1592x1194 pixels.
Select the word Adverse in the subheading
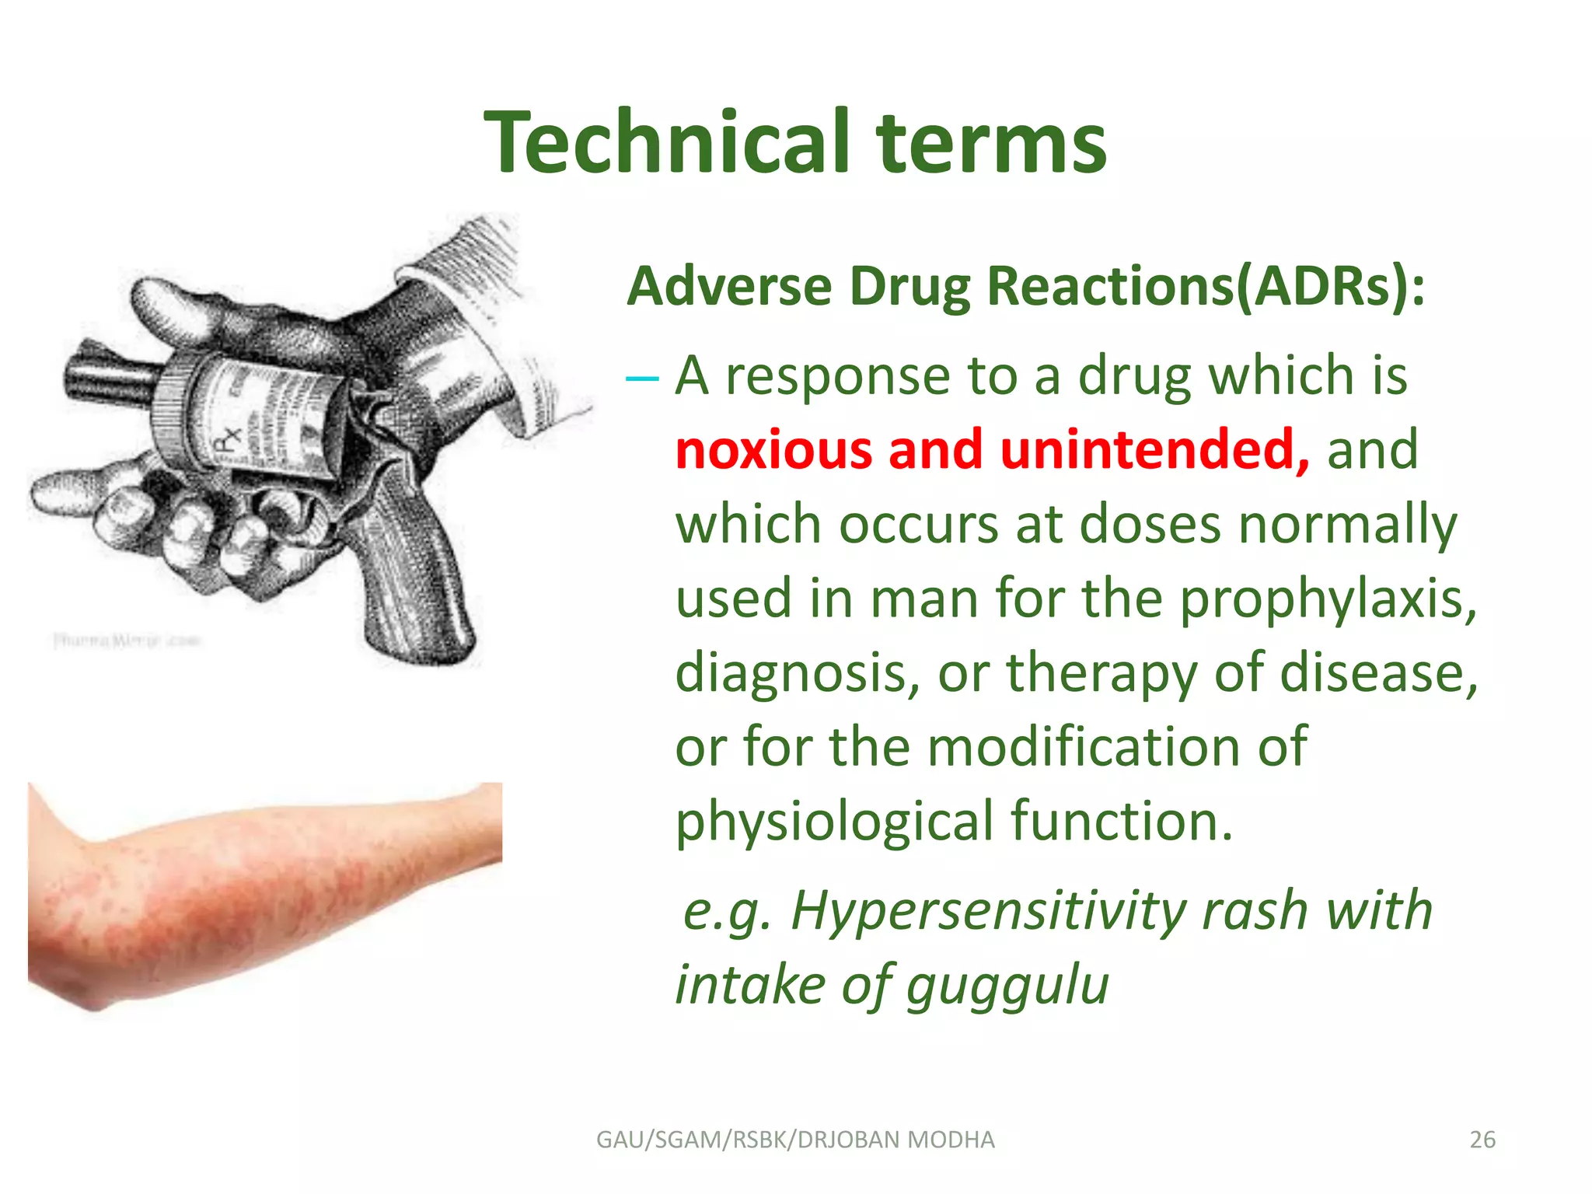[x=729, y=286]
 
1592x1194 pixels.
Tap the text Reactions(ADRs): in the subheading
[x=1206, y=286]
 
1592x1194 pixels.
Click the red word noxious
[x=773, y=449]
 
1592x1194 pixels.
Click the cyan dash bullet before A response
[x=642, y=379]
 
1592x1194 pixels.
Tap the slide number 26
[x=1482, y=1140]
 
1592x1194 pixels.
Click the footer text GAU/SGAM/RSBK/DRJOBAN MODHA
[x=795, y=1140]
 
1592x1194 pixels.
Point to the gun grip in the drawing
[x=420, y=575]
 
